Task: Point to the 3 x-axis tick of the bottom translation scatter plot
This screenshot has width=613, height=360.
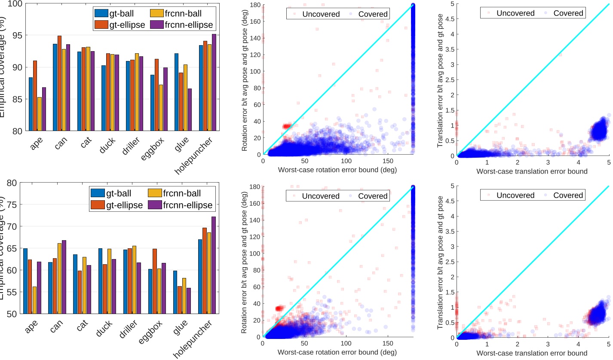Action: [548, 344]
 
